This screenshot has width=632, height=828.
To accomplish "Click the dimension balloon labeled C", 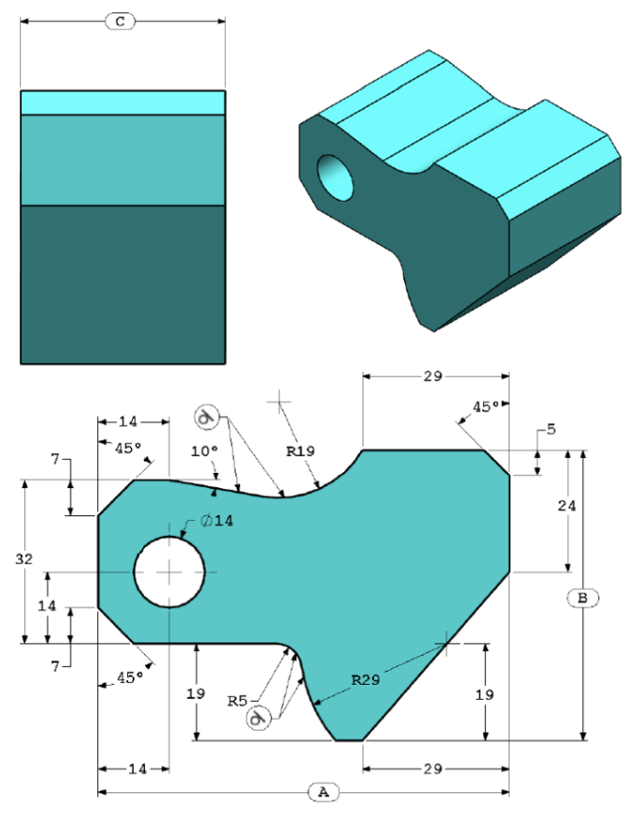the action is coord(121,22).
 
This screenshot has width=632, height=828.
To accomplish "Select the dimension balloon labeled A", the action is coord(323,792).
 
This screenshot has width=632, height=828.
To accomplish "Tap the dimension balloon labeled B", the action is coord(582,598).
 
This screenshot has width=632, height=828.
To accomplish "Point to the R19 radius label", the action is coord(300,451).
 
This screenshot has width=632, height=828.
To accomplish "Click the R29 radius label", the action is coord(365,679).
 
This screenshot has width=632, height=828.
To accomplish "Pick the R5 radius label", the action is coord(237,701).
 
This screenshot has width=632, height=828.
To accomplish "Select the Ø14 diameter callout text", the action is coord(217,521).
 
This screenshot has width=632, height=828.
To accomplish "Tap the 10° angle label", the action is coord(204,451).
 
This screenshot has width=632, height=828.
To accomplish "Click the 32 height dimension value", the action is coord(24,559).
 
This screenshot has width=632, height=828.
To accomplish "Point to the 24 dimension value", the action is coord(566,506).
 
